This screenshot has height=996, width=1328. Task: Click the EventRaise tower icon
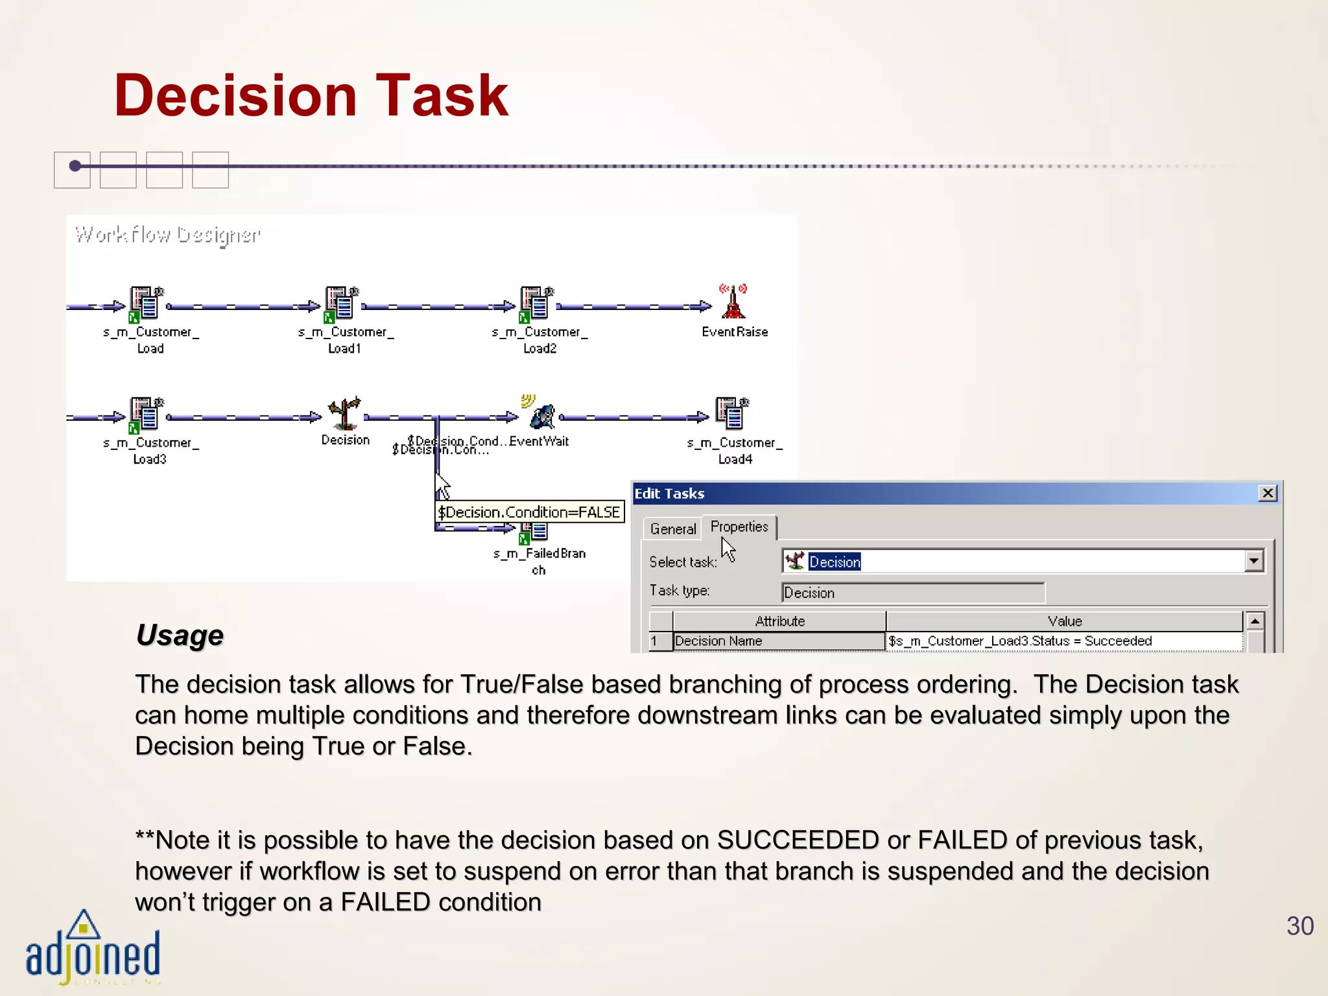click(x=733, y=302)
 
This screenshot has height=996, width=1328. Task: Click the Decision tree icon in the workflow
click(x=344, y=413)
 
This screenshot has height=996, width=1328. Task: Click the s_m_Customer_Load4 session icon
click(x=732, y=414)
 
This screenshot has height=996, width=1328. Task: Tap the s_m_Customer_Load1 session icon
click(x=341, y=303)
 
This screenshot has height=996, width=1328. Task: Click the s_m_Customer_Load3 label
click(x=150, y=451)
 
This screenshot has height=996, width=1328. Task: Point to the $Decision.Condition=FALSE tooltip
click(x=529, y=512)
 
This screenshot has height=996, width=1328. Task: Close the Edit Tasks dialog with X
click(x=1268, y=493)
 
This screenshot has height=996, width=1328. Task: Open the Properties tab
click(x=739, y=527)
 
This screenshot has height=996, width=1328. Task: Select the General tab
click(x=672, y=529)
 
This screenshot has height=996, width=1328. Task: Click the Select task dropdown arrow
click(x=1254, y=561)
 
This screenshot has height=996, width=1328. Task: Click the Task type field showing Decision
click(x=912, y=593)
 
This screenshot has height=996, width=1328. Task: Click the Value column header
click(x=1064, y=621)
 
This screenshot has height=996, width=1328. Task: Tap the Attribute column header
click(x=779, y=621)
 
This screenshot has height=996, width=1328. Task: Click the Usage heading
click(x=180, y=635)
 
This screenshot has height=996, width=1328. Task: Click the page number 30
click(x=1299, y=926)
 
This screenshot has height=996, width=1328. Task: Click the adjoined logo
click(x=92, y=949)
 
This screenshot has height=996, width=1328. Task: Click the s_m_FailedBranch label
click(x=539, y=562)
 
